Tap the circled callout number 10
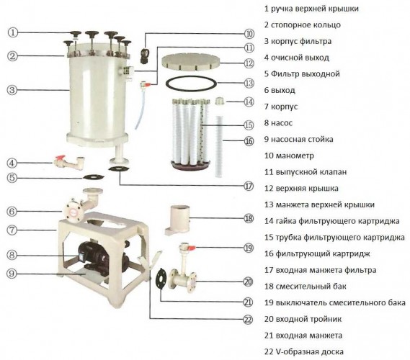tap(249, 33)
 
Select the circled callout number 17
tap(248, 185)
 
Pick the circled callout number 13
tap(249, 83)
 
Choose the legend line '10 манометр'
tap(295, 155)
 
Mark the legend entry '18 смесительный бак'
tap(312, 287)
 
